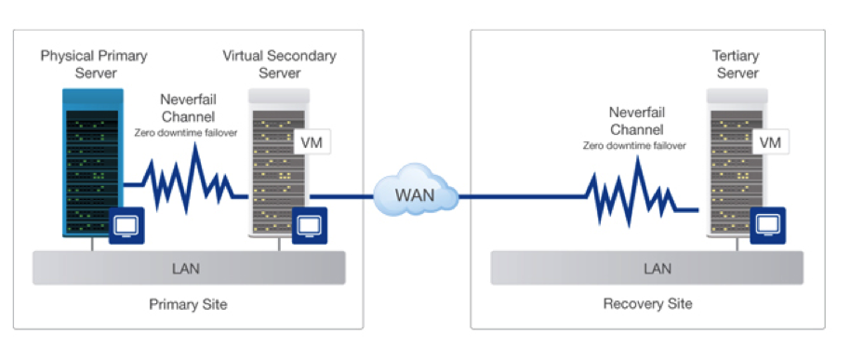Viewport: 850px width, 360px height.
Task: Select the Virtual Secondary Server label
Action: (x=279, y=64)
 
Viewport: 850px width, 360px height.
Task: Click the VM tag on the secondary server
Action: (x=311, y=143)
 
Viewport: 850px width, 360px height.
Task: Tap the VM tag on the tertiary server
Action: (x=770, y=142)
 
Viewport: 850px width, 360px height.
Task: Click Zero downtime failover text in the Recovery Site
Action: (x=636, y=146)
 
